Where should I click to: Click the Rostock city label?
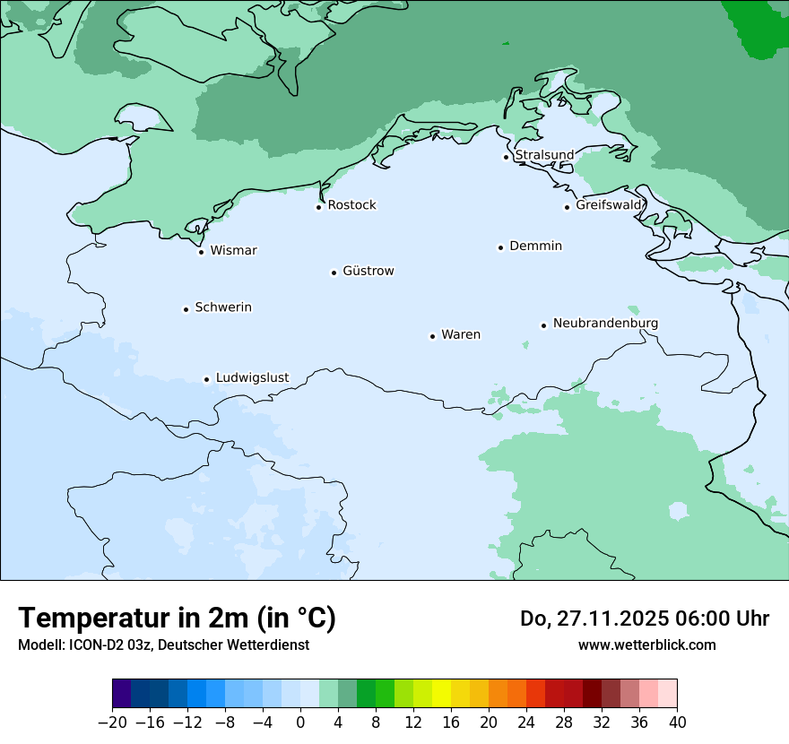[351, 205]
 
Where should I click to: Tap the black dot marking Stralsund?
[506, 157]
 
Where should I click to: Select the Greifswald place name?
[609, 205]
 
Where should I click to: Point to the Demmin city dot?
[500, 247]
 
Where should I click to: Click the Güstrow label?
[368, 271]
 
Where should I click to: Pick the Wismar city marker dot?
[201, 252]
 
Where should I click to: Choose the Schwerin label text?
[223, 307]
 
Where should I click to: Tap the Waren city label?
[461, 334]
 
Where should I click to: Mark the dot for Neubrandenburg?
[543, 325]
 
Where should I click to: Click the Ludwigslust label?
[252, 377]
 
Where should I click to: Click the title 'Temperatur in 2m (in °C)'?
[177, 619]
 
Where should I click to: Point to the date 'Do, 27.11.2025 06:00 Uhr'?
[644, 619]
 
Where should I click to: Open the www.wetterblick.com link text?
[646, 645]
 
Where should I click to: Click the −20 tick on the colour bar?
[113, 722]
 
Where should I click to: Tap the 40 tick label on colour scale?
[677, 722]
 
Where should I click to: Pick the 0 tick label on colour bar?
[300, 722]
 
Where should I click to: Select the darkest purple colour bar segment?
[122, 694]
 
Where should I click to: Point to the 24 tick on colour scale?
[526, 722]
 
